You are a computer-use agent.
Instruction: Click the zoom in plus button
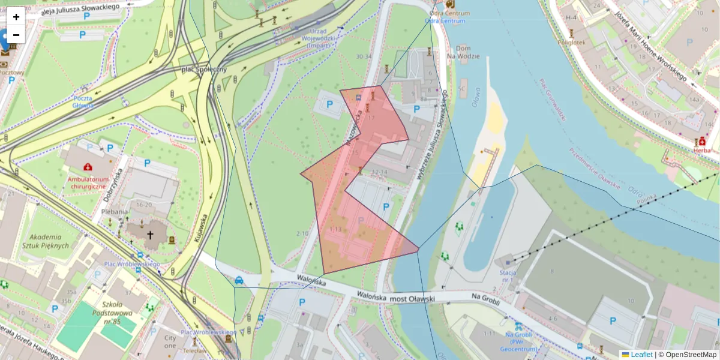point(16,17)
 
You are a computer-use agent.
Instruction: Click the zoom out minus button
point(16,34)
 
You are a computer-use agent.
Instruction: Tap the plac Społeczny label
point(203,70)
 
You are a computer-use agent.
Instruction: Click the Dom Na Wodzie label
point(467,52)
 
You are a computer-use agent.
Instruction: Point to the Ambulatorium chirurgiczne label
point(88,182)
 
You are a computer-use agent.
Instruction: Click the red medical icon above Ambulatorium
point(88,166)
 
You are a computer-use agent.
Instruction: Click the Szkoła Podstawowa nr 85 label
point(113,313)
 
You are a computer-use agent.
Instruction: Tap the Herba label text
point(701,151)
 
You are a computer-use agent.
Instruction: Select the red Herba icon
point(701,140)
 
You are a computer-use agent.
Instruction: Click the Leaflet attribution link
point(637,355)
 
